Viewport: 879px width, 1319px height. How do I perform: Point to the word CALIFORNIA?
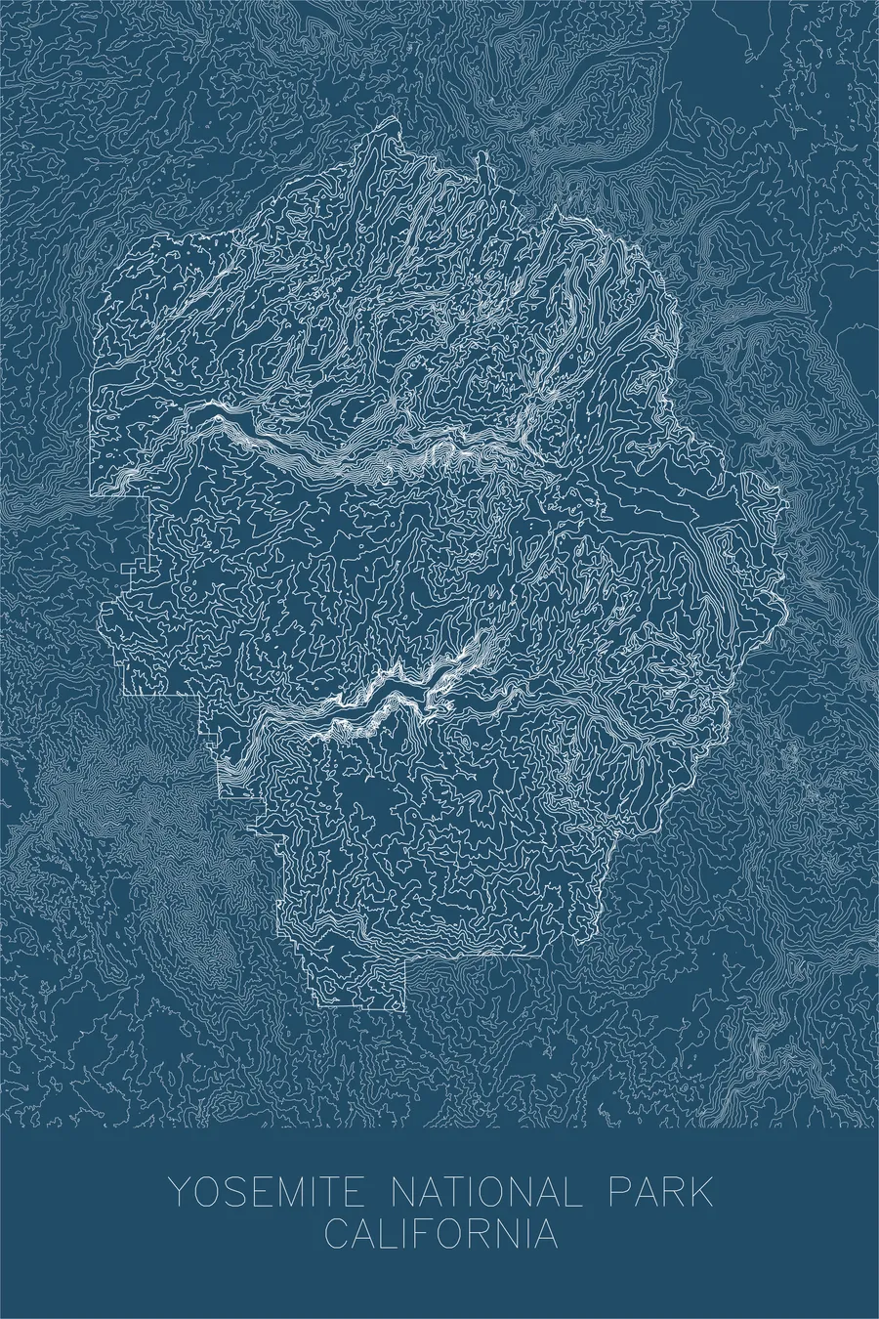click(441, 1232)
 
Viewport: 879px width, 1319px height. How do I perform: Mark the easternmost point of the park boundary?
click(787, 508)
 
